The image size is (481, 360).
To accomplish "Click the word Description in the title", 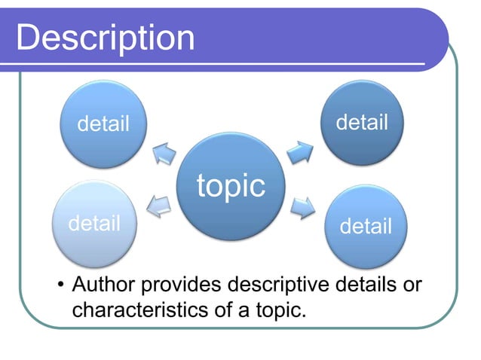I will [x=105, y=38].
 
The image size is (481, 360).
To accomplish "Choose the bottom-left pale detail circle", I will [x=94, y=224].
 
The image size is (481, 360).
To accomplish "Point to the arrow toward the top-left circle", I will [x=163, y=154].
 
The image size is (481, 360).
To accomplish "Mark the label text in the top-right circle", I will [x=362, y=121].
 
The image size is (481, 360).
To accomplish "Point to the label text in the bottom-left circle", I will [x=94, y=224].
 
